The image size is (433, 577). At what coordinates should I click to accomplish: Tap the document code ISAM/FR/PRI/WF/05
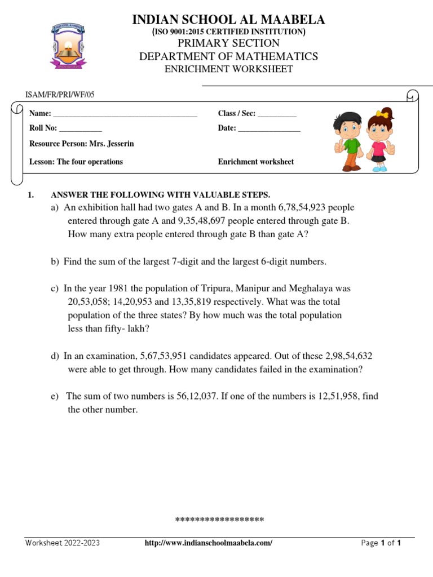click(x=60, y=95)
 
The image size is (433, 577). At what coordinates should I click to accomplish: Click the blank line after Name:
click(x=125, y=114)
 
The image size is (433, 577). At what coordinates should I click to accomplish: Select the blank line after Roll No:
click(x=80, y=129)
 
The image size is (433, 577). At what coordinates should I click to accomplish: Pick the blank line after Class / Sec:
click(x=277, y=114)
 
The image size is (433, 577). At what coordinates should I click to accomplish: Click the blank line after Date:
click(x=269, y=129)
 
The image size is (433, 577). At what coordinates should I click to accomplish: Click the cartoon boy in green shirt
click(x=346, y=141)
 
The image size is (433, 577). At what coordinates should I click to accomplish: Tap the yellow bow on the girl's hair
click(x=383, y=114)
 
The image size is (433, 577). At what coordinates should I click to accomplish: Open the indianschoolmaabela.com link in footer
click(x=209, y=543)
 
